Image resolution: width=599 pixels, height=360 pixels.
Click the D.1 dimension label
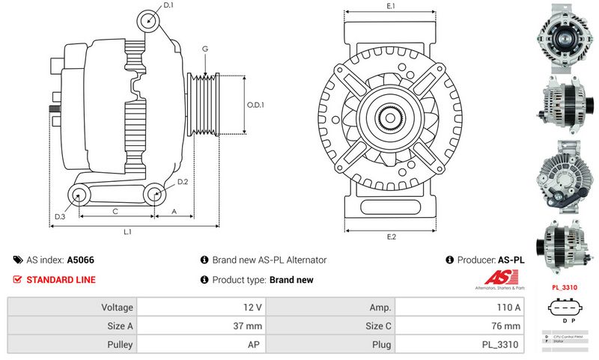168,5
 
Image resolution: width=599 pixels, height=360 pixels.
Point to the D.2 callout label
182,182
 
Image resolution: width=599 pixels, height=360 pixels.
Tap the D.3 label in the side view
59,217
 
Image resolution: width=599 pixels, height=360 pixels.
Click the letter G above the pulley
204,49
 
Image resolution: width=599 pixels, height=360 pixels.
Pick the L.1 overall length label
128,232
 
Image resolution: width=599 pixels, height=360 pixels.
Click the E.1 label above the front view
391,7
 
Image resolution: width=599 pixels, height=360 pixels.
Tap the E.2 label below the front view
391,237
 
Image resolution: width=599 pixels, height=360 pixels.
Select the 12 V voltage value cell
202,308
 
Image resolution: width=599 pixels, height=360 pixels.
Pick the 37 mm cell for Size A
202,326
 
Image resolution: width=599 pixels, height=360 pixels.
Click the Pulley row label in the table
73,345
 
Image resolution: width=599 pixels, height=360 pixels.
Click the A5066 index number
81,260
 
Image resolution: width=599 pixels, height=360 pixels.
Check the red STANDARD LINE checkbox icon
18,280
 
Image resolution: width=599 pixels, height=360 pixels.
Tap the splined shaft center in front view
391,117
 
